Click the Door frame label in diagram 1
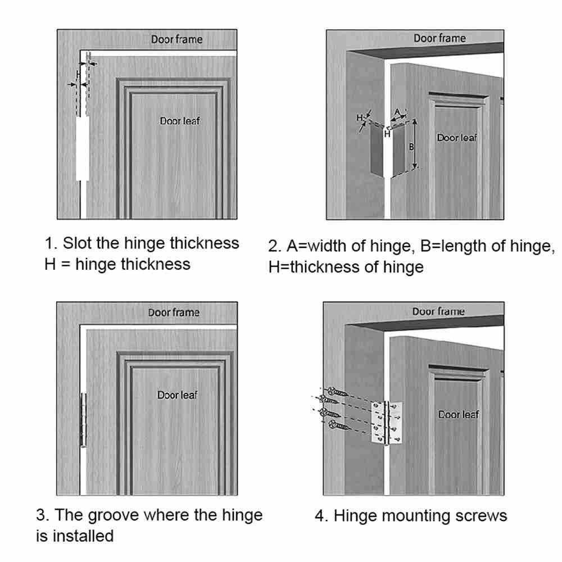click(x=176, y=39)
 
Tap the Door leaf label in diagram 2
click(x=456, y=137)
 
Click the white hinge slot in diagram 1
click(x=82, y=148)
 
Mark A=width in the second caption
click(x=319, y=246)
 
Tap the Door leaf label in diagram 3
click(x=178, y=395)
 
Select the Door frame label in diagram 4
click(x=438, y=311)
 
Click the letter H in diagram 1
click(x=79, y=74)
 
